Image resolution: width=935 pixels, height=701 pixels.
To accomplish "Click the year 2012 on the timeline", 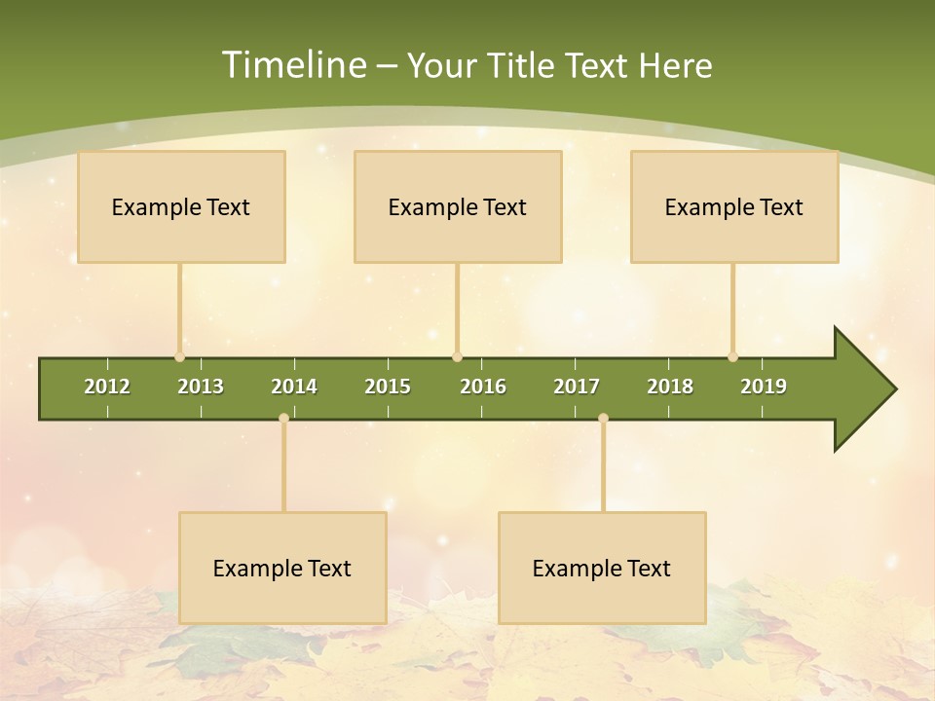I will [107, 387].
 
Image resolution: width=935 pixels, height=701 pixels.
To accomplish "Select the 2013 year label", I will [201, 387].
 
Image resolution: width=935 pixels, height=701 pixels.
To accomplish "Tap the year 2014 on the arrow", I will [294, 387].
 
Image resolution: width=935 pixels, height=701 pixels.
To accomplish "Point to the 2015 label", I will [388, 387].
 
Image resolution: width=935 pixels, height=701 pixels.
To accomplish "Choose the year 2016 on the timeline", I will [483, 387].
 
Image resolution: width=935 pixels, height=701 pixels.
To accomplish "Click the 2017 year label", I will [577, 387].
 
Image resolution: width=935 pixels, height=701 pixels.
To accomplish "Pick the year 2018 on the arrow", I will [670, 387].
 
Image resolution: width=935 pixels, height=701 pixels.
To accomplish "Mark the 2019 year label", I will [764, 387].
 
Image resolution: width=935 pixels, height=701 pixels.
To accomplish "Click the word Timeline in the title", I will [292, 65].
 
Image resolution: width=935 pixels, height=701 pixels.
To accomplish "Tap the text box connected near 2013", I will [181, 206].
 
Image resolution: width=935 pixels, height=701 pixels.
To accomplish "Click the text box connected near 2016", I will [458, 206].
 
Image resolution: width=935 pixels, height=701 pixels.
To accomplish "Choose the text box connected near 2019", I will [734, 206].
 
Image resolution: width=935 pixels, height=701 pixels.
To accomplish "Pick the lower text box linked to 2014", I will [282, 568].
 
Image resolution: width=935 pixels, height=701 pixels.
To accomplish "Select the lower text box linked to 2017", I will [602, 568].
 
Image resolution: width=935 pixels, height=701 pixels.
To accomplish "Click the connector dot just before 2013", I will [179, 357].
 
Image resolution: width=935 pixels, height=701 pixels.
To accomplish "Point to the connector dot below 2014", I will [283, 419].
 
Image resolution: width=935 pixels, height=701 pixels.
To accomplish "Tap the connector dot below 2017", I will [603, 419].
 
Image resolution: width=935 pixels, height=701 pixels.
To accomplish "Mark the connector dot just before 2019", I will [732, 357].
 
